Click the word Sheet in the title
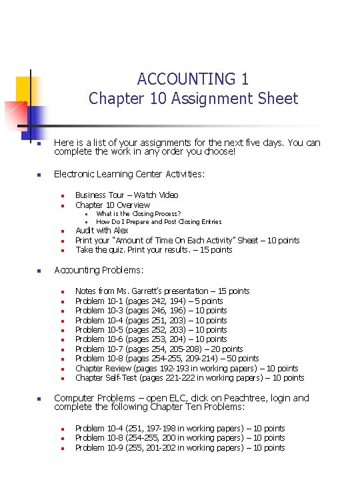point(277,99)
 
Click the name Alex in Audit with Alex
point(121,231)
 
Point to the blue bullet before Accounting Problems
point(39,271)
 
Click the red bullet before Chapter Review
point(61,369)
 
